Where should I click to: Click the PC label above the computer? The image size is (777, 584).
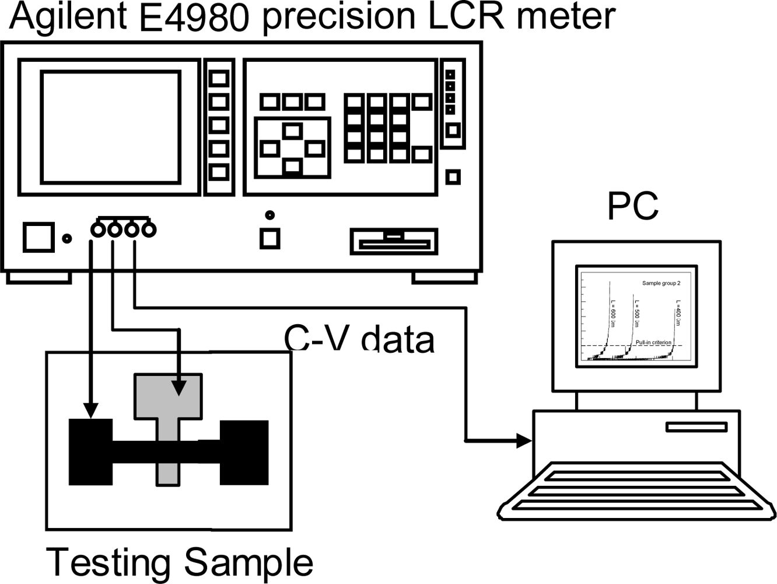[632, 206]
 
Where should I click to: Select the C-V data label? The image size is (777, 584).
[359, 339]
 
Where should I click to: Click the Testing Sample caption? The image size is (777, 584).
[179, 562]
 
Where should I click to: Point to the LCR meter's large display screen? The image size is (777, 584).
[110, 127]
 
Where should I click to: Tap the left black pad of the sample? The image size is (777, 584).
[90, 452]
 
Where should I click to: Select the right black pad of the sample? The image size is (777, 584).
[244, 452]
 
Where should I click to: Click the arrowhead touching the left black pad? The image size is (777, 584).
[90, 411]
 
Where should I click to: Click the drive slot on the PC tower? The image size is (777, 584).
[696, 427]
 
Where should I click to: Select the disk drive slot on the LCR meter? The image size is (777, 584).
[394, 241]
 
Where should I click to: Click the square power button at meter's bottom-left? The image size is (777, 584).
[38, 237]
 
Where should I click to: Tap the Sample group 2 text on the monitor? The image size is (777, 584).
[661, 283]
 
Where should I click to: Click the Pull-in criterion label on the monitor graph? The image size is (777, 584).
[653, 342]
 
